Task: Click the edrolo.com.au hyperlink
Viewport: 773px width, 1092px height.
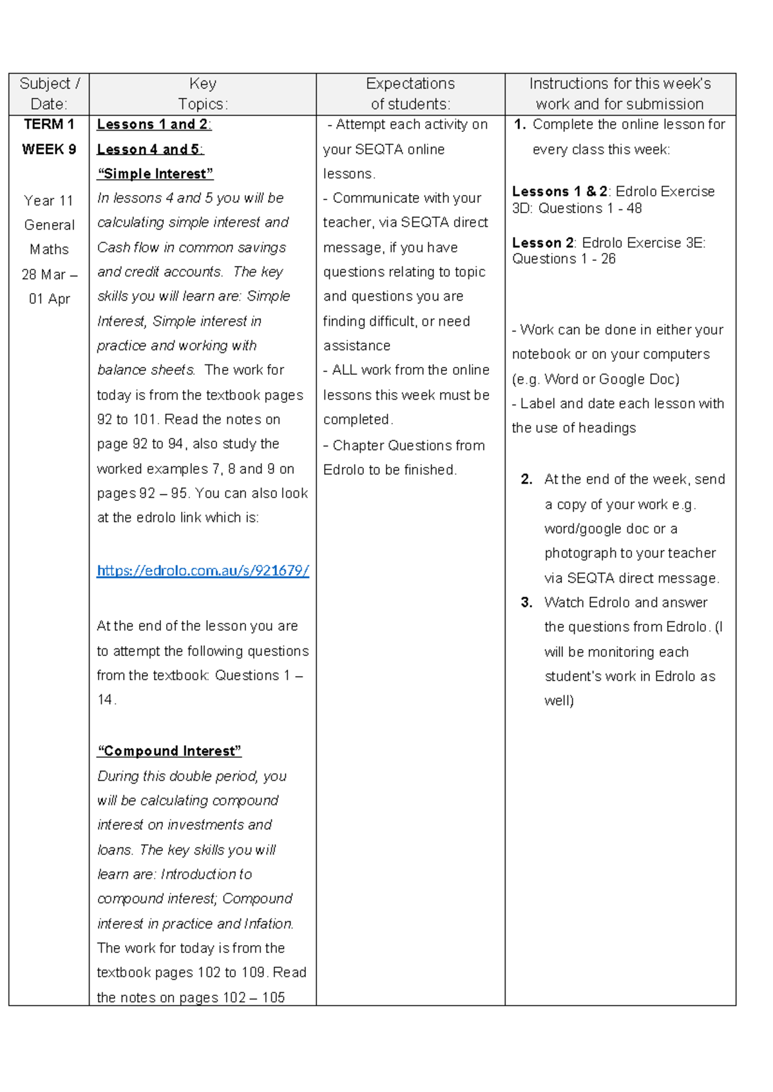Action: click(x=202, y=570)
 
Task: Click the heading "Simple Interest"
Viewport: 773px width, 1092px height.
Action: click(x=155, y=174)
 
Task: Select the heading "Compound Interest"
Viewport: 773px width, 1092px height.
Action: click(x=169, y=751)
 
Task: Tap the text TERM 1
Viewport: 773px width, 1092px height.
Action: click(x=49, y=124)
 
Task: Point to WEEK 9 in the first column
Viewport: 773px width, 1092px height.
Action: click(x=49, y=149)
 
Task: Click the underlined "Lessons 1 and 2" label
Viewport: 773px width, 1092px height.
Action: click(x=153, y=124)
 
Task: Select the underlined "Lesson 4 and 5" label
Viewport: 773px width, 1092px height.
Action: click(x=149, y=149)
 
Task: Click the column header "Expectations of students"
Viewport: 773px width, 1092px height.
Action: click(x=410, y=94)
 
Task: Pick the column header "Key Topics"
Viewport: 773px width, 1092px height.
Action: click(x=202, y=94)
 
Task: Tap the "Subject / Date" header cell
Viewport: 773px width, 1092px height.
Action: click(x=49, y=94)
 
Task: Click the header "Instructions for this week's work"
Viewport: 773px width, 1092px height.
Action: click(x=620, y=94)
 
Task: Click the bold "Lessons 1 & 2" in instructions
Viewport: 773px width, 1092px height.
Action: click(x=559, y=191)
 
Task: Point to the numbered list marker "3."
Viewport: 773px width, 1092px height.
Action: click(x=526, y=603)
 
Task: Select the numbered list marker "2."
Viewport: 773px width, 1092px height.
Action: click(x=526, y=480)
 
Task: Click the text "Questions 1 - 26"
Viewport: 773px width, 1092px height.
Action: click(x=564, y=259)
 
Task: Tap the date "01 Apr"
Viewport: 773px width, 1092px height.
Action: click(x=49, y=299)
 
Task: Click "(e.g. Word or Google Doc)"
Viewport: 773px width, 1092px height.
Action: click(x=595, y=379)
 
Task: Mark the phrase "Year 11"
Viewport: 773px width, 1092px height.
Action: click(x=49, y=201)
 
